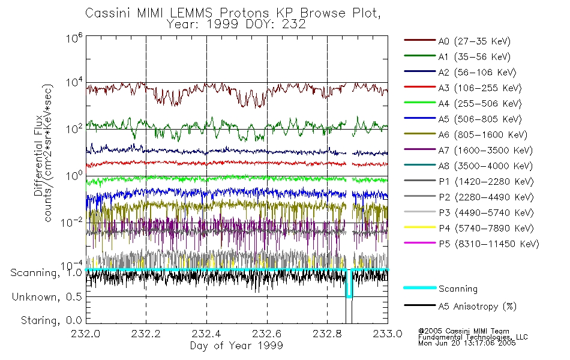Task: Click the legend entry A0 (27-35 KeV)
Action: pyautogui.click(x=474, y=41)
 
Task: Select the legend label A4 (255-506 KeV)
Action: pyautogui.click(x=480, y=104)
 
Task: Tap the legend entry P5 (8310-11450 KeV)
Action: pyautogui.click(x=488, y=244)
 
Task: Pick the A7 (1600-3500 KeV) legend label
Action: pyautogui.click(x=485, y=150)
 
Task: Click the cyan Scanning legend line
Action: pyautogui.click(x=420, y=287)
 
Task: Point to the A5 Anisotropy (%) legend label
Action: pyautogui.click(x=478, y=307)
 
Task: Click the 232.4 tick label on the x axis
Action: pyautogui.click(x=206, y=334)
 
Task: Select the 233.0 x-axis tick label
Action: pyautogui.click(x=388, y=334)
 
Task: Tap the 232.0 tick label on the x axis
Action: pyautogui.click(x=86, y=334)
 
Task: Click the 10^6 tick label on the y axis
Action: pyautogui.click(x=74, y=37)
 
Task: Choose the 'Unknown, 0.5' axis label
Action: pyautogui.click(x=47, y=297)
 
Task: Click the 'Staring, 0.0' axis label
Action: pyautogui.click(x=51, y=320)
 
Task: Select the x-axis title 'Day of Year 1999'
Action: pyautogui.click(x=236, y=346)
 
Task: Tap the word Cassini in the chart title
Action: pyautogui.click(x=109, y=13)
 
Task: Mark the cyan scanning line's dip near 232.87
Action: pyautogui.click(x=349, y=297)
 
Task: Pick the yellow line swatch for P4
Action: pyautogui.click(x=420, y=227)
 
